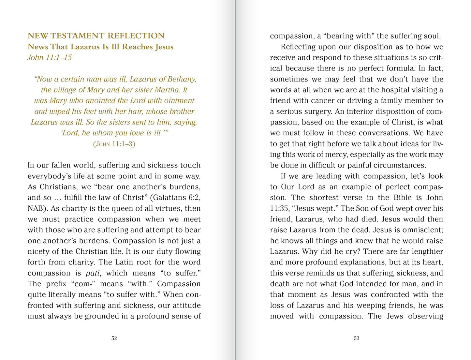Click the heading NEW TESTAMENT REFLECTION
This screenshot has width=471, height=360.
click(96, 36)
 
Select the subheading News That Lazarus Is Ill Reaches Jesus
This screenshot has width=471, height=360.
click(100, 47)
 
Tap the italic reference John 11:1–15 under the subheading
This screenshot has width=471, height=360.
click(50, 58)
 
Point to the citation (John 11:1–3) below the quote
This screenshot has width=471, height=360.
click(114, 144)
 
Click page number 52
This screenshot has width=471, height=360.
click(114, 338)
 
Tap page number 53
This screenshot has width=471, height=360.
click(357, 338)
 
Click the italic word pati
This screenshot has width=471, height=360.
click(93, 273)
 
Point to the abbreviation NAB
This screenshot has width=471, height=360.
click(36, 209)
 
